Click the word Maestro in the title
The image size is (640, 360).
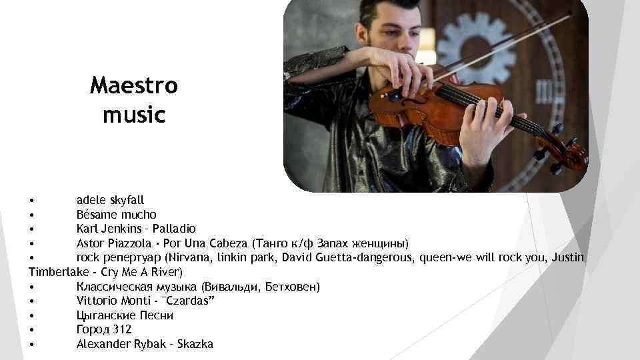coord(134,86)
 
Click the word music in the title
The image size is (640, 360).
coord(134,115)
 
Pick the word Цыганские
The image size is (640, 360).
coord(104,315)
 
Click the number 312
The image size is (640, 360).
coord(122,329)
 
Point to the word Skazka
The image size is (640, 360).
coord(195,344)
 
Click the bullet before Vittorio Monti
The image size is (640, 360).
coord(32,301)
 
